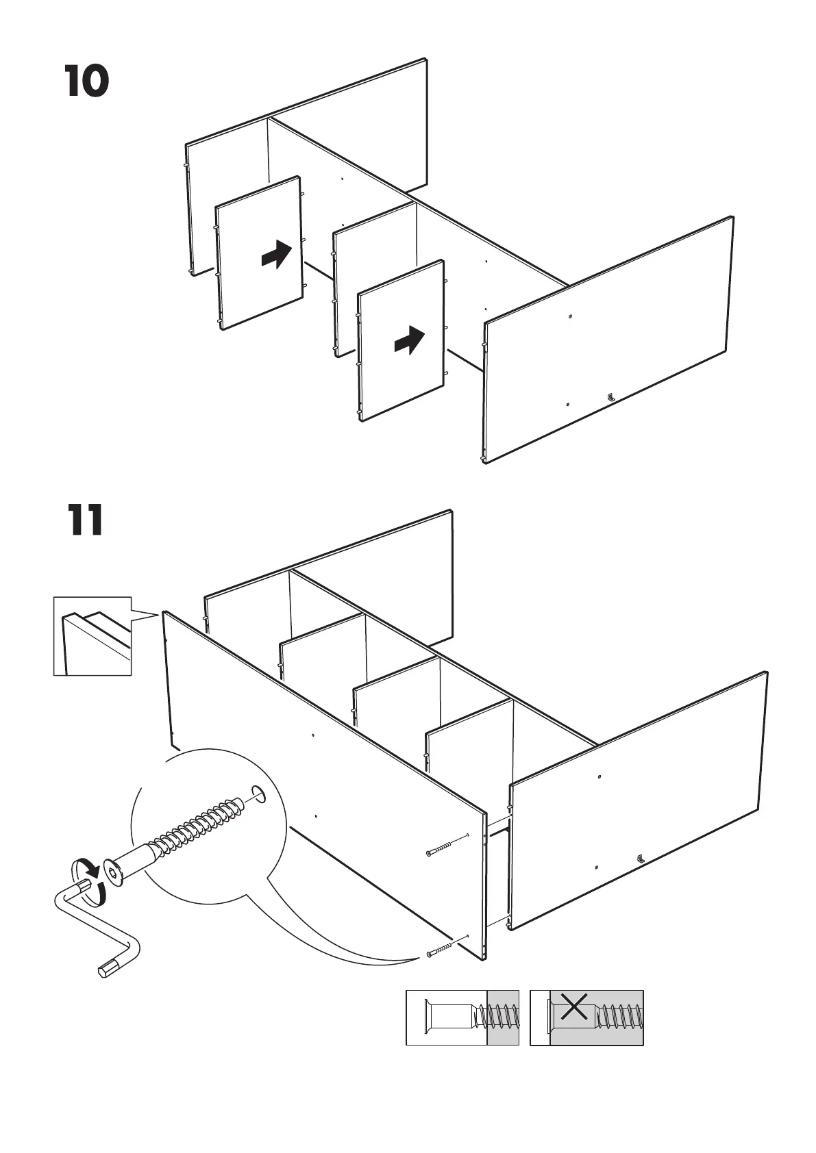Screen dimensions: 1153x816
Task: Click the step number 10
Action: [x=87, y=81]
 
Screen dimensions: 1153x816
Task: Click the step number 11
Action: [x=86, y=520]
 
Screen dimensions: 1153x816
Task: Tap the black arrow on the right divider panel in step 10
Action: [x=410, y=340]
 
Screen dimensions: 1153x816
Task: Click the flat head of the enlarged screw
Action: [x=112, y=872]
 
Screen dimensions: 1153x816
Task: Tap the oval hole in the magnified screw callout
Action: [x=258, y=794]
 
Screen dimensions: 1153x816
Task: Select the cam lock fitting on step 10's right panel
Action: [x=610, y=396]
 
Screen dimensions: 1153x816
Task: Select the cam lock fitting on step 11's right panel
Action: [x=640, y=857]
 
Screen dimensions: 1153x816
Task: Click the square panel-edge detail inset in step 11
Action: [x=92, y=636]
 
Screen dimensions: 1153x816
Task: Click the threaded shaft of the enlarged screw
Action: [x=199, y=824]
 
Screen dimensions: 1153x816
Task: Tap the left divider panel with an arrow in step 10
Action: [x=259, y=253]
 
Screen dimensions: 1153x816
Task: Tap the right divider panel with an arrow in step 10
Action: [x=401, y=340]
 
